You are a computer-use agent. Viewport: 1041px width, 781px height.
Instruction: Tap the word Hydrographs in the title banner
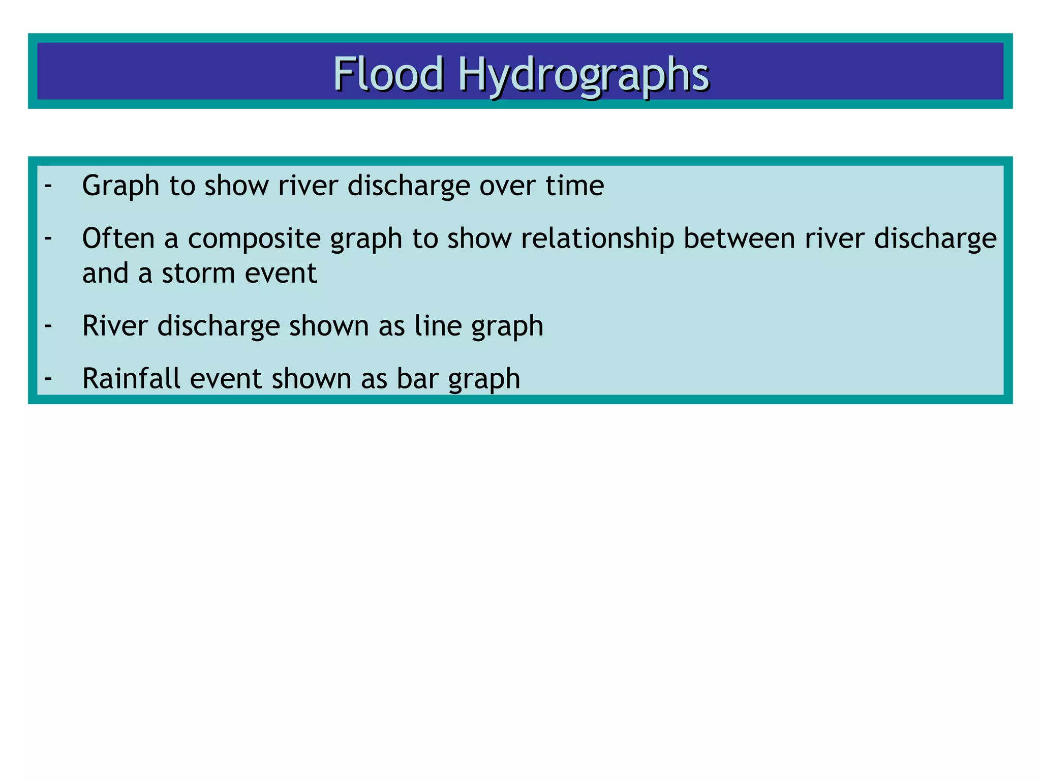(584, 75)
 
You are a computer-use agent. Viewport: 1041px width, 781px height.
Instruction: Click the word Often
(118, 238)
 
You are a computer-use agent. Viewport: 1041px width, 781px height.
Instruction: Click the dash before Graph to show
(48, 185)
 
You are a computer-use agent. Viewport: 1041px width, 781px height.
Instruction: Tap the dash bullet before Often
(48, 238)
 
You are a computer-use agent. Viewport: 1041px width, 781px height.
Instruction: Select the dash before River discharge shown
(48, 325)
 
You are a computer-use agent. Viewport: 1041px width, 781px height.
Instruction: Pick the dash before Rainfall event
(48, 378)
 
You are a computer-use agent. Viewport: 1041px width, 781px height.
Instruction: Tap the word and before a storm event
(105, 273)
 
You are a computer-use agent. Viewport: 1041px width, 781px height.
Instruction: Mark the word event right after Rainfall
(226, 378)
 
